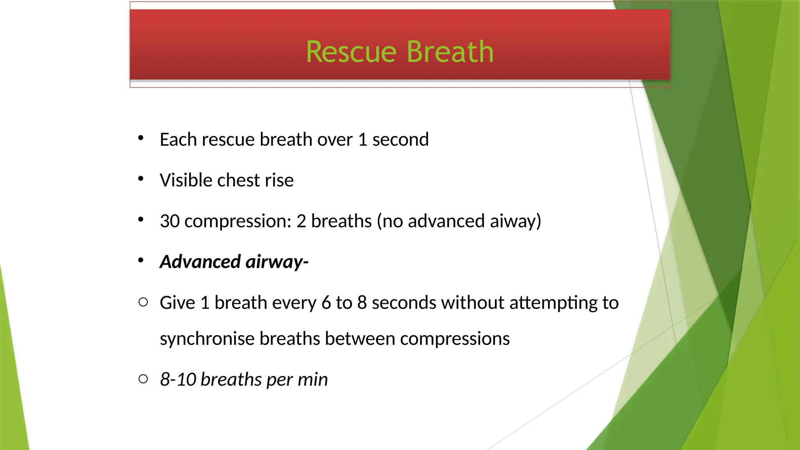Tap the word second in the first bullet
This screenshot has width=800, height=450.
[x=400, y=140]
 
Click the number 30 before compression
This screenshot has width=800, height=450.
[x=170, y=221]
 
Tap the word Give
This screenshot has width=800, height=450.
[x=177, y=303]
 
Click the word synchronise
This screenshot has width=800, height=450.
[x=207, y=339]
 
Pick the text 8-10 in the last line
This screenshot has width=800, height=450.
[x=178, y=380]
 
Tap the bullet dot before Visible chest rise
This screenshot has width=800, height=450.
[x=141, y=179]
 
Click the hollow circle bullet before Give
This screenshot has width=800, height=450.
[x=143, y=302]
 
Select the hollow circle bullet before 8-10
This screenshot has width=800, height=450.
[x=143, y=379]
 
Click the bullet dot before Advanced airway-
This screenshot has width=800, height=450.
[x=141, y=260]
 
